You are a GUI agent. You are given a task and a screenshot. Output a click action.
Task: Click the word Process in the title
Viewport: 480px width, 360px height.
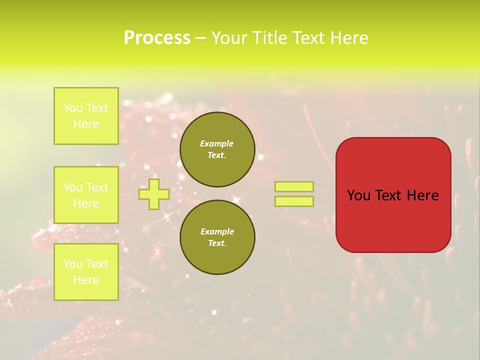tap(157, 38)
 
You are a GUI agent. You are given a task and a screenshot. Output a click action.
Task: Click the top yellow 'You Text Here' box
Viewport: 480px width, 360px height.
tap(86, 116)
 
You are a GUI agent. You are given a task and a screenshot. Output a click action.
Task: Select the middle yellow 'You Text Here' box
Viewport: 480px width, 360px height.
tap(86, 195)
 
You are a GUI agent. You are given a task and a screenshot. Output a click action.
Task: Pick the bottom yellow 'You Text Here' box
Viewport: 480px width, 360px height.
tap(86, 271)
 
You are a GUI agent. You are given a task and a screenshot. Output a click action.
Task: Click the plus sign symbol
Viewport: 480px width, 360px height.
tap(153, 194)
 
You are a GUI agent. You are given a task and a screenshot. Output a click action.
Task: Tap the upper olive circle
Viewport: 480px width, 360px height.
tap(217, 149)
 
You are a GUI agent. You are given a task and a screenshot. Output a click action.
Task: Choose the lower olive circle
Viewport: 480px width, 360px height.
tap(217, 237)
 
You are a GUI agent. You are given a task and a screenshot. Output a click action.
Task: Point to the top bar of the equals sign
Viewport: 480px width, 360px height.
tap(294, 187)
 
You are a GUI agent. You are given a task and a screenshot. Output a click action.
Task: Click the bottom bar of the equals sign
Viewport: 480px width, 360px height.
tap(294, 201)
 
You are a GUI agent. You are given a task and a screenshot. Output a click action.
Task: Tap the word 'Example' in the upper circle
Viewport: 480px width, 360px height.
tap(216, 144)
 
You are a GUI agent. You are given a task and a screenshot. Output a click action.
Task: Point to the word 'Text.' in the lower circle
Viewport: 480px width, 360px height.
tap(217, 243)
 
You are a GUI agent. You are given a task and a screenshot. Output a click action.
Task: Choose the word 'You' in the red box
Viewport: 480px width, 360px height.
tap(358, 195)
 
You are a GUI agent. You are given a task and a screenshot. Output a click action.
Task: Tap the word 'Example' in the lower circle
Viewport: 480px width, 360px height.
tap(217, 231)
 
